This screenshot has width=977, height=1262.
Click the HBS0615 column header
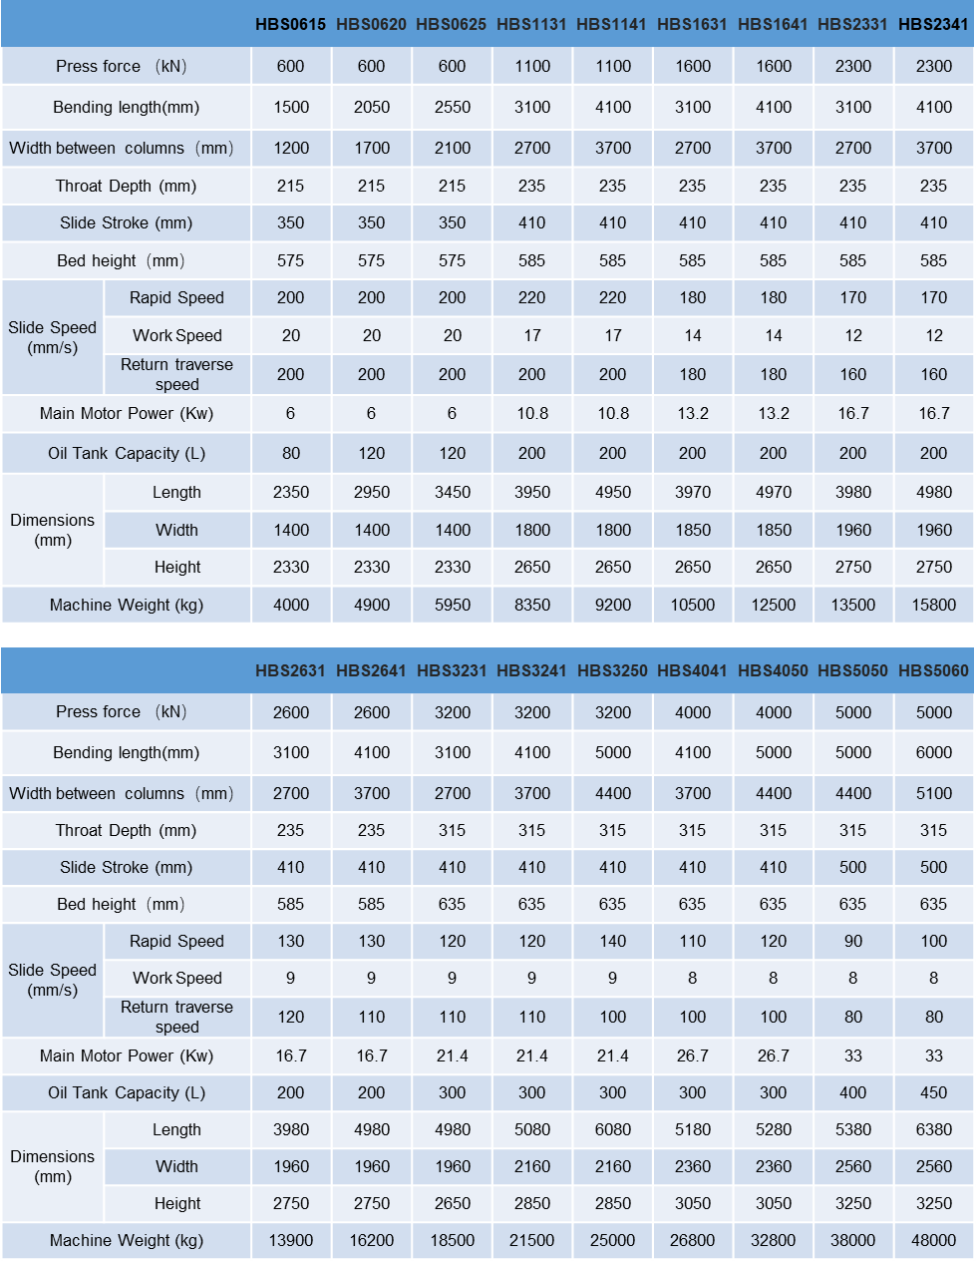(290, 24)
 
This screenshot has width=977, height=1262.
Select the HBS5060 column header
(933, 670)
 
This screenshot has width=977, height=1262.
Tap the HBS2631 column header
(290, 670)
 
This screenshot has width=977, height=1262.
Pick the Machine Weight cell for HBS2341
(933, 605)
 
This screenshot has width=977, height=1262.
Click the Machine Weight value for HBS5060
(933, 1240)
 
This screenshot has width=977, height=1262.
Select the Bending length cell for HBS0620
(371, 107)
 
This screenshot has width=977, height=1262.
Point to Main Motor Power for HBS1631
(692, 413)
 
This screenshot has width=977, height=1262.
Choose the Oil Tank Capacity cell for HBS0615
(290, 453)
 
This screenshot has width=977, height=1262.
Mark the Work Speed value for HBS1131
(531, 335)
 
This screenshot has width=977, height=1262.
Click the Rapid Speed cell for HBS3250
(612, 941)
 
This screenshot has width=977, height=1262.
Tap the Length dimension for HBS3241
(531, 1129)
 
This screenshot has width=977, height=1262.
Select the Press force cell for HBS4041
(692, 712)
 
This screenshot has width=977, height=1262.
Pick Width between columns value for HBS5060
(933, 793)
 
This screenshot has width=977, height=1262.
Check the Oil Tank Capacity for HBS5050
(852, 1092)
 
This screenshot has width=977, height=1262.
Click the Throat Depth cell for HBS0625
(452, 186)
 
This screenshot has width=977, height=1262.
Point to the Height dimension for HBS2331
(852, 567)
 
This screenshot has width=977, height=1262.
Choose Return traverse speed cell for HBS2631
(290, 1017)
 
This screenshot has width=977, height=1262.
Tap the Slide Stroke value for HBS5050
(852, 867)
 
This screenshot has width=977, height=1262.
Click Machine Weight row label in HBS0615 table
(127, 605)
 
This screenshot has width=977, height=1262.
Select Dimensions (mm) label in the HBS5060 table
(53, 1166)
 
